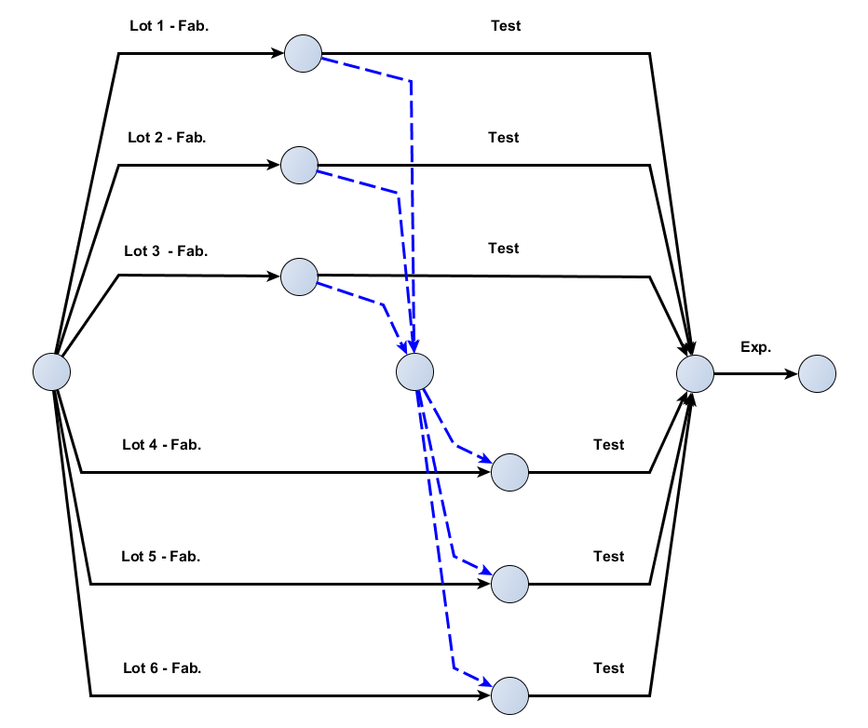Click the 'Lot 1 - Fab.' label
170,26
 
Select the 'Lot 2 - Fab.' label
167,138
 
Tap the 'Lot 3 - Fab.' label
166,250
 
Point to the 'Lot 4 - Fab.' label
162,445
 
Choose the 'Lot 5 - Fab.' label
161,557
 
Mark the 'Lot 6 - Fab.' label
162,668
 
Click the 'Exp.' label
755,347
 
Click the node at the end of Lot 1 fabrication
303,54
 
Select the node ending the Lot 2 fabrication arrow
299,165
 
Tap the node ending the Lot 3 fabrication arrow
299,276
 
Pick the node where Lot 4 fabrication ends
509,472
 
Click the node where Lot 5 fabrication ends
509,584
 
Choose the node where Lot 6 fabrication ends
509,695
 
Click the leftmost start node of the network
52,372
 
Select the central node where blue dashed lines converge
414,372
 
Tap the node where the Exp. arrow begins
695,374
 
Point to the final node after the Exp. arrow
817,374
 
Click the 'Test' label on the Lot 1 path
506,26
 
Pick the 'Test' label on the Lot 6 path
608,668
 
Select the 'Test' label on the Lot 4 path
608,445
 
